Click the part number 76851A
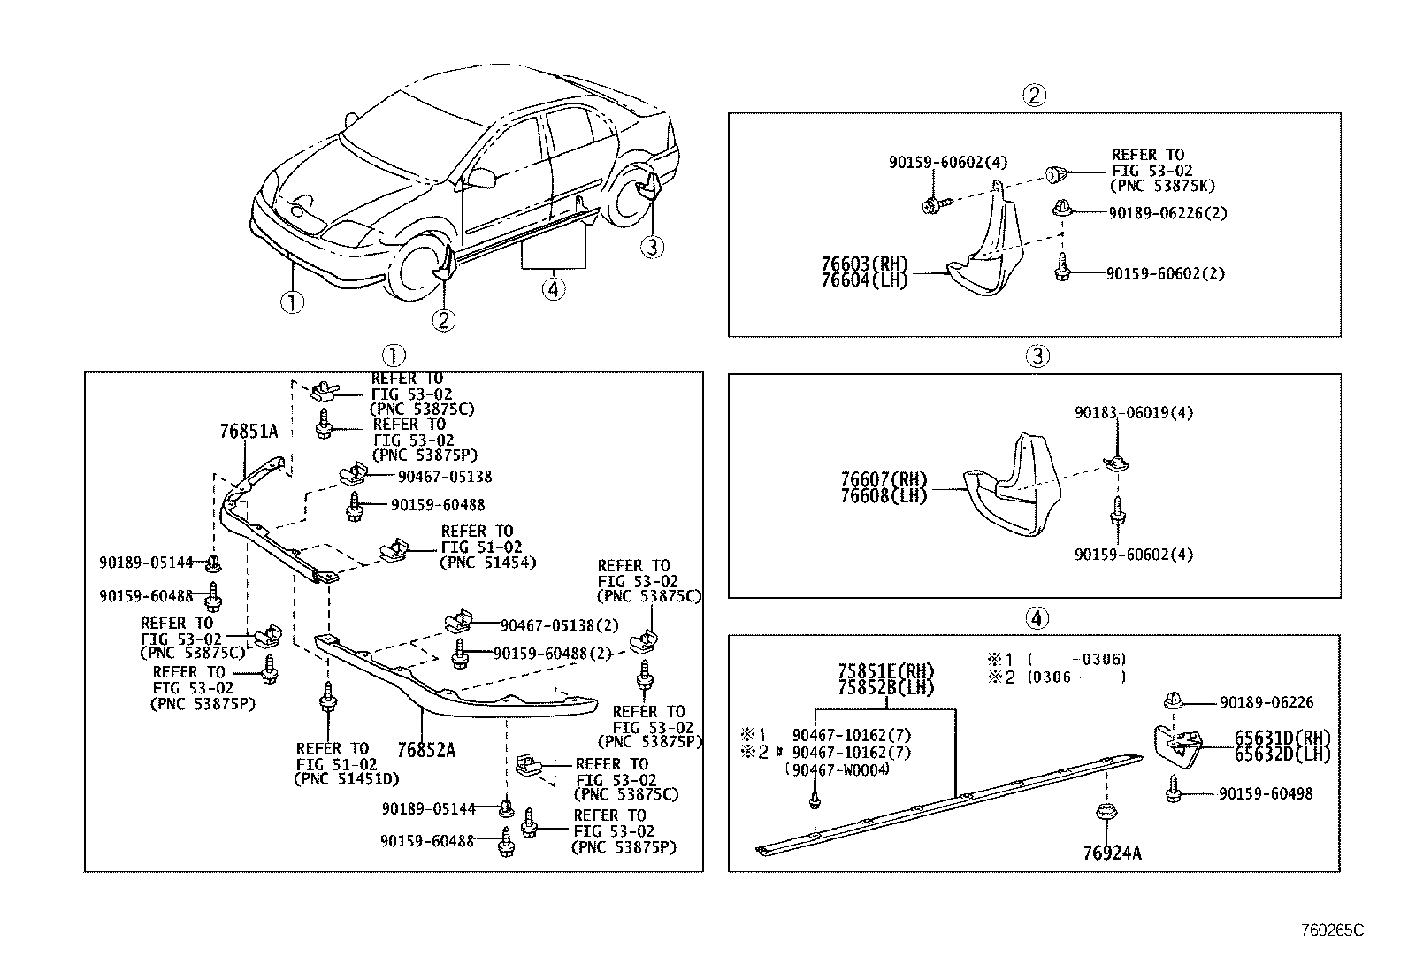(249, 432)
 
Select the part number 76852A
(426, 750)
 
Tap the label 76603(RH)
(864, 264)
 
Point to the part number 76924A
(1112, 853)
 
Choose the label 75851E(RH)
(886, 671)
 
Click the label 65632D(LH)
(1282, 754)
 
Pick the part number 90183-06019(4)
(1134, 413)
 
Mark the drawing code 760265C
(1332, 930)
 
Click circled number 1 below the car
(292, 302)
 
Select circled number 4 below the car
(553, 288)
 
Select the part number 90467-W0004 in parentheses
(837, 769)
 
